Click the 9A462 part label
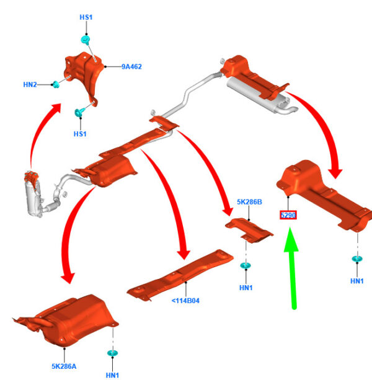tap(131, 67)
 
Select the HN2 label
tap(30, 84)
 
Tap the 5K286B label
tap(249, 202)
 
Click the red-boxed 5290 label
tap(288, 215)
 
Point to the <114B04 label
tap(185, 301)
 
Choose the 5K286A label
tap(64, 366)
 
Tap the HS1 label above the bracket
tap(86, 17)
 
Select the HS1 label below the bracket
tap(80, 134)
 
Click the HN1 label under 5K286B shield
tap(246, 288)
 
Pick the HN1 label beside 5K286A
tap(112, 375)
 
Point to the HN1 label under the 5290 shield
tap(357, 281)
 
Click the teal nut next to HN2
tap(56, 84)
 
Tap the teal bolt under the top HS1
tap(86, 40)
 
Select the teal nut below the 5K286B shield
tap(246, 265)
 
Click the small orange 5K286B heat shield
tap(249, 230)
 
